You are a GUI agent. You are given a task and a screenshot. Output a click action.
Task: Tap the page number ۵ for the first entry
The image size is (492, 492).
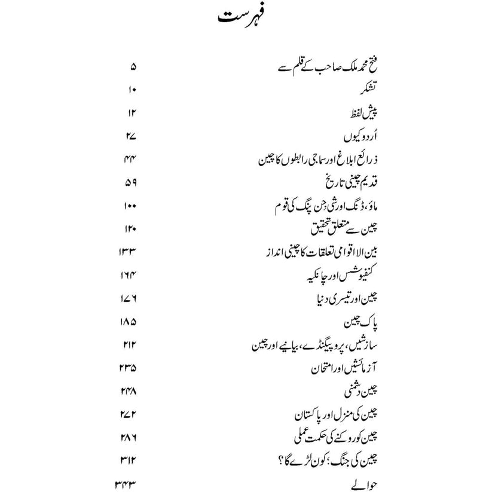pyautogui.click(x=133, y=66)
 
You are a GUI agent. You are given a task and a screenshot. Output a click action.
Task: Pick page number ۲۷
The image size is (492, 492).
pyautogui.click(x=132, y=136)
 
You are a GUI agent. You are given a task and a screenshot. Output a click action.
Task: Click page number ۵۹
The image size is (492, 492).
pyautogui.click(x=132, y=182)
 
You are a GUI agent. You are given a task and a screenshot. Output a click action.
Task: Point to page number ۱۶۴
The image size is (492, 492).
pyautogui.click(x=129, y=276)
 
